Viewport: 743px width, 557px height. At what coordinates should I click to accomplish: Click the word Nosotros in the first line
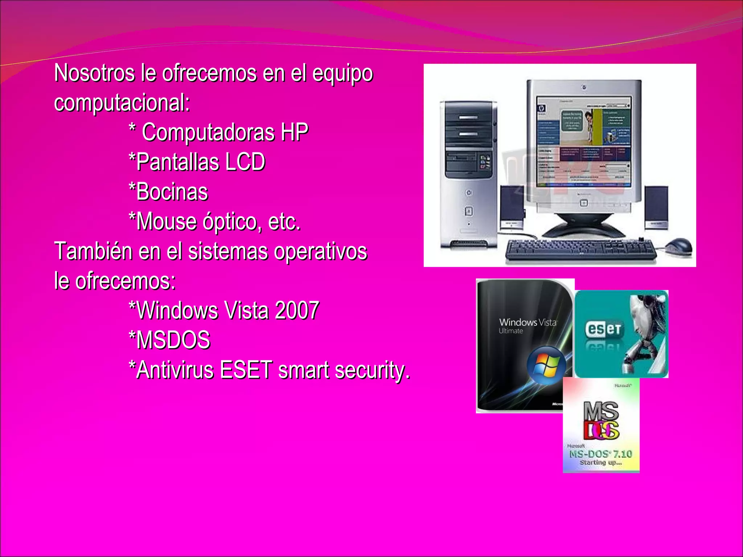pyautogui.click(x=94, y=73)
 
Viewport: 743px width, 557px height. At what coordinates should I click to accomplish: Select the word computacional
pyautogui.click(x=122, y=103)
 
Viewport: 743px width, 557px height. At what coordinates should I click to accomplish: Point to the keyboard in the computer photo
pyautogui.click(x=580, y=250)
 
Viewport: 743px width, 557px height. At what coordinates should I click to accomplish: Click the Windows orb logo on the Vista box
pyautogui.click(x=546, y=365)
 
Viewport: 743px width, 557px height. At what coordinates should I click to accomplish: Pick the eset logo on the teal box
pyautogui.click(x=603, y=329)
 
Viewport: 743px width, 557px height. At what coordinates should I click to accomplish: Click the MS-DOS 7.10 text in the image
pyautogui.click(x=600, y=454)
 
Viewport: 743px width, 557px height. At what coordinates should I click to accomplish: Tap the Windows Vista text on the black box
pyautogui.click(x=528, y=322)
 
